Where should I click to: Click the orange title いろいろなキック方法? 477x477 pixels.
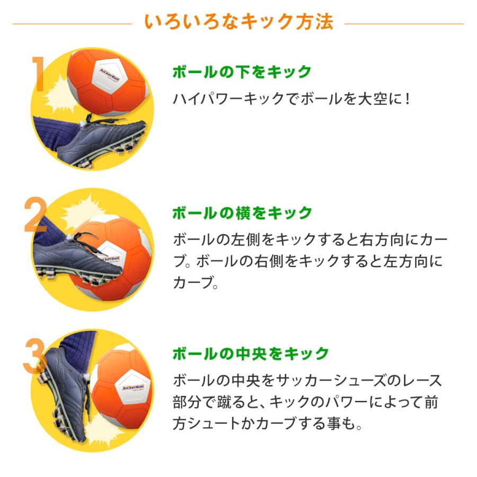pyautogui.click(x=238, y=22)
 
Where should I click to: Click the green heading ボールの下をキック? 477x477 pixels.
pyautogui.click(x=242, y=72)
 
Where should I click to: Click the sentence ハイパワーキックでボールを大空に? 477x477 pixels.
pyautogui.click(x=292, y=98)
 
